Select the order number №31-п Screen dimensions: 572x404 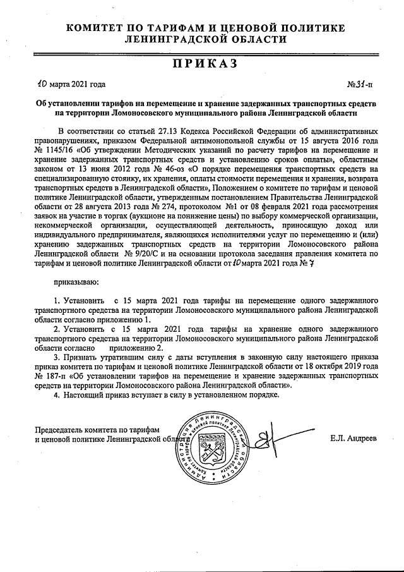[x=360, y=84]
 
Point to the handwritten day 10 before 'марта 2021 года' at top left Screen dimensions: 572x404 [x=42, y=83]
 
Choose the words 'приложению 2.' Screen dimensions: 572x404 [x=136, y=347]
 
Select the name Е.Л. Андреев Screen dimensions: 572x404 [x=353, y=437]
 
